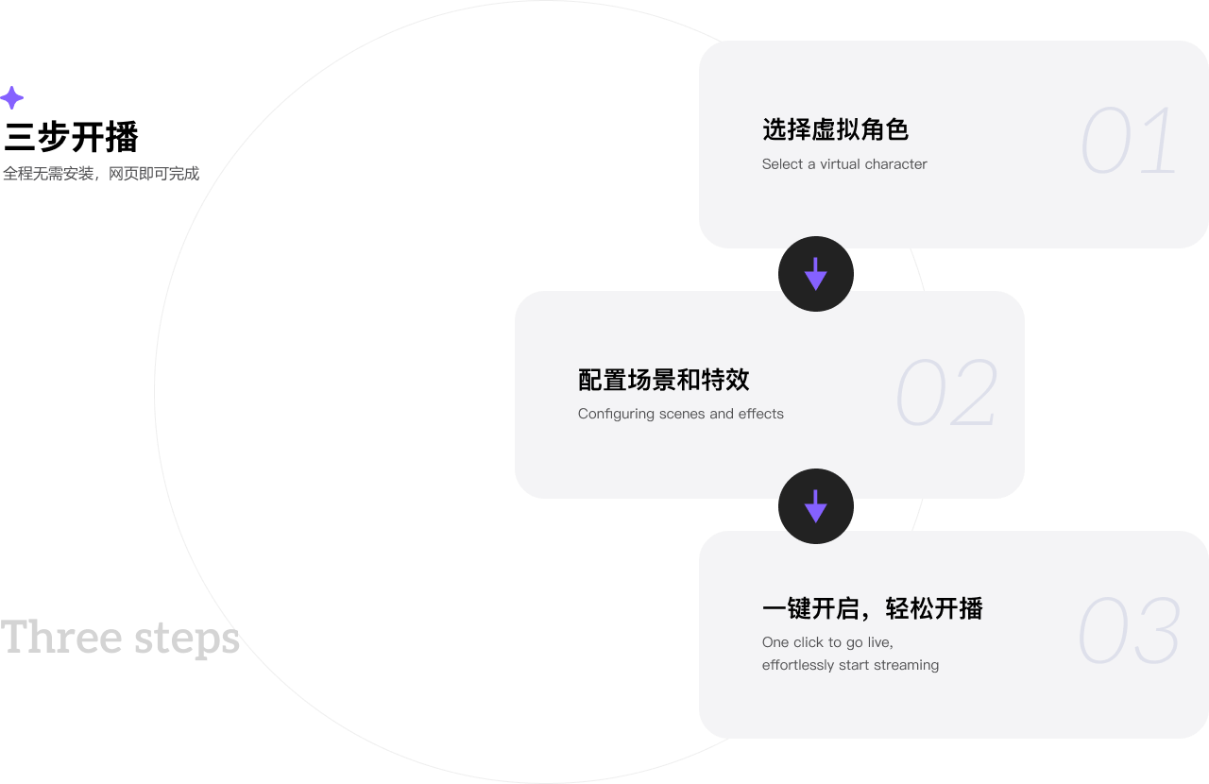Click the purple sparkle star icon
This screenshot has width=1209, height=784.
coord(11,98)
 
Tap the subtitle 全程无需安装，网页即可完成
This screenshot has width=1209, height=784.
coord(100,174)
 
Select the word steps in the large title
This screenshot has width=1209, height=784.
coord(186,639)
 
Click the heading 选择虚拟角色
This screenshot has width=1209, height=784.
coord(835,129)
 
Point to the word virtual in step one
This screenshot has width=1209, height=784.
coord(840,164)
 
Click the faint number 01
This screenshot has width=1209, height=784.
coord(1129,142)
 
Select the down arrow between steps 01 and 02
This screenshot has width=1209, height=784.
coord(816,274)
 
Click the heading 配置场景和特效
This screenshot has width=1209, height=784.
coord(663,380)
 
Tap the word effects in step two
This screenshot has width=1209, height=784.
coord(761,414)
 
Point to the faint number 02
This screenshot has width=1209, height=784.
coord(946,393)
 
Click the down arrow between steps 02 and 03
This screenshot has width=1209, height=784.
coord(816,506)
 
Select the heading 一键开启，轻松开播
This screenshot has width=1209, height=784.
coord(872,609)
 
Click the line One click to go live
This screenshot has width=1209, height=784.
coord(827,642)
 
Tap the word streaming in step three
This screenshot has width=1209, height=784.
coord(907,665)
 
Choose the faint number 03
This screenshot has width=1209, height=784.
coord(1129,631)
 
